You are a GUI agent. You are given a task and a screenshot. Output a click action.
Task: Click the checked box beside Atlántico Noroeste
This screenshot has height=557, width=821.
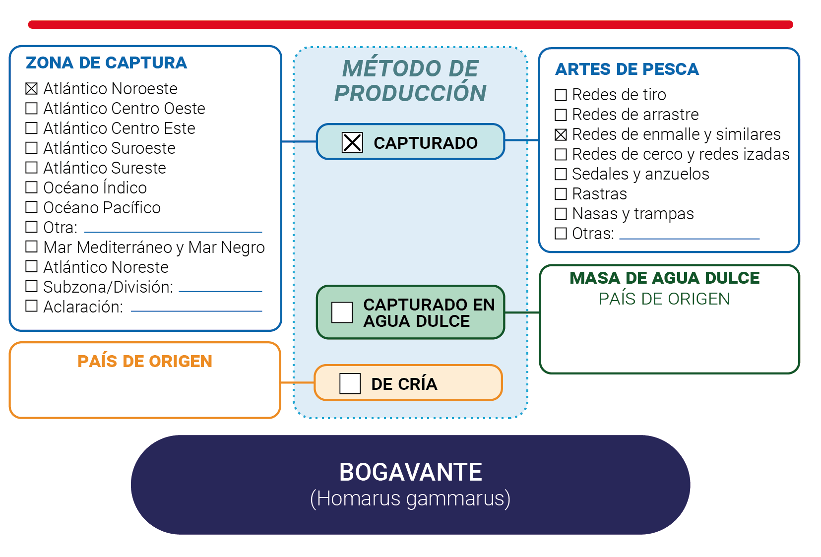[32, 89]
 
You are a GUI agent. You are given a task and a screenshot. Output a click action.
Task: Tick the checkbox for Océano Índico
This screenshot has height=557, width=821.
[32, 187]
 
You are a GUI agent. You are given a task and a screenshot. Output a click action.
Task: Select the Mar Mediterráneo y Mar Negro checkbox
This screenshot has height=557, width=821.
[32, 247]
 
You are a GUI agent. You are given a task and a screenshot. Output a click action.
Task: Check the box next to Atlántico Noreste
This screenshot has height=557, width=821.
[32, 266]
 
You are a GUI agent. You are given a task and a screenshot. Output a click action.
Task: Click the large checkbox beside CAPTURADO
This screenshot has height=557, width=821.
[352, 142]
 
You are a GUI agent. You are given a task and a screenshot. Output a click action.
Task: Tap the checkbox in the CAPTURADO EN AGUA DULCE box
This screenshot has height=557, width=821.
[342, 312]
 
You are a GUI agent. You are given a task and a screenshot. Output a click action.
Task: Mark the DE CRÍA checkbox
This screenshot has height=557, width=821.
[350, 383]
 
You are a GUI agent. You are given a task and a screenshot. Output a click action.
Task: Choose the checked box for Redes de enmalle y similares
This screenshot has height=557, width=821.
[561, 134]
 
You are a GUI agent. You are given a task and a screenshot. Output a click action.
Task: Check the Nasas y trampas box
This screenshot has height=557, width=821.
[561, 214]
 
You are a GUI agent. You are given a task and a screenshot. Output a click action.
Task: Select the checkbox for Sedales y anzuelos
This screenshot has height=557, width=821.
[561, 174]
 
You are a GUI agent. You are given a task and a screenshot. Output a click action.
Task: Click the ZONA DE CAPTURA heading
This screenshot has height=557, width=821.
[106, 62]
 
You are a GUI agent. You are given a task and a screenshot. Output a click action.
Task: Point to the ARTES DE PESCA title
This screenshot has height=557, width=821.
[627, 69]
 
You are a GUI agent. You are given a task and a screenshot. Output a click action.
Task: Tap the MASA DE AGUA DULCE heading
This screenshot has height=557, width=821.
[665, 278]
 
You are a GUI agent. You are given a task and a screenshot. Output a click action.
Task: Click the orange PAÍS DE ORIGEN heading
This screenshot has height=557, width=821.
[145, 361]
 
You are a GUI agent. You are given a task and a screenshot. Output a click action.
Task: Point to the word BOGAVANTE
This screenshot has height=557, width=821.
[411, 472]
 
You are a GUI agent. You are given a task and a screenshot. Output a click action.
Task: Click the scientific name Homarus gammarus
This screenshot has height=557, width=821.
[411, 498]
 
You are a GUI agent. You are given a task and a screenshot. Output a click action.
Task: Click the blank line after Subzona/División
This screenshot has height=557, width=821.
[220, 291]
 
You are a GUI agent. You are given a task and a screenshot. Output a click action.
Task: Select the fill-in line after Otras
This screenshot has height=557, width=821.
[690, 239]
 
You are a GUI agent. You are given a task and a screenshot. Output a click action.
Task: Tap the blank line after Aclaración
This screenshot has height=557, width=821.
[196, 311]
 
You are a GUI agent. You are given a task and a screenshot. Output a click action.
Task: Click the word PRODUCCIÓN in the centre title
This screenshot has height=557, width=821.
[411, 93]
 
